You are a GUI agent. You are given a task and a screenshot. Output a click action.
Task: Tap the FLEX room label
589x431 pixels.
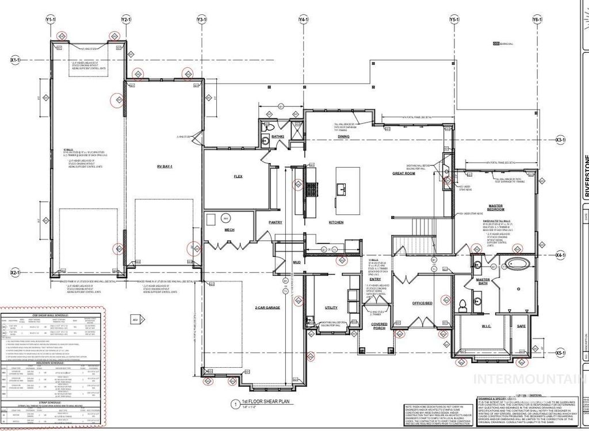click(x=236, y=176)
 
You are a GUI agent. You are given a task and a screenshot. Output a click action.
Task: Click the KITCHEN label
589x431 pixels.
click(x=336, y=222)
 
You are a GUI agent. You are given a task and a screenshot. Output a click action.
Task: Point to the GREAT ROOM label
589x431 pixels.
click(x=404, y=173)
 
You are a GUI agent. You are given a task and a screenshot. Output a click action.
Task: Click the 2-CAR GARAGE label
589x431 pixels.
click(x=267, y=308)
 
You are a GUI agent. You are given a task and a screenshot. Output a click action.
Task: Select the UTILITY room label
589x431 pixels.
click(x=331, y=307)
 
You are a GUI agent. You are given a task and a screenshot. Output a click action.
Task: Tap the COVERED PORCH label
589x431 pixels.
click(x=379, y=326)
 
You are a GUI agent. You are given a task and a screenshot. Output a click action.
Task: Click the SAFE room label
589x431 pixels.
click(x=521, y=326)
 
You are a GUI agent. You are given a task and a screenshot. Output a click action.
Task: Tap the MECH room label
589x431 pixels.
click(x=229, y=230)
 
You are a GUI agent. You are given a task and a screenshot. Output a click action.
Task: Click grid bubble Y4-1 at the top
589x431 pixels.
click(x=303, y=20)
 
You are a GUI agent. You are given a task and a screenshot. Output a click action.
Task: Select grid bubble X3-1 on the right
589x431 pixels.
click(x=560, y=140)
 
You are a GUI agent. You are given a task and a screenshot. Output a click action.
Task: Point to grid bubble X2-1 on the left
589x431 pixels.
click(x=16, y=272)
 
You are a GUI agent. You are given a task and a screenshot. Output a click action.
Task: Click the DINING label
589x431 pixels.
click(x=343, y=136)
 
